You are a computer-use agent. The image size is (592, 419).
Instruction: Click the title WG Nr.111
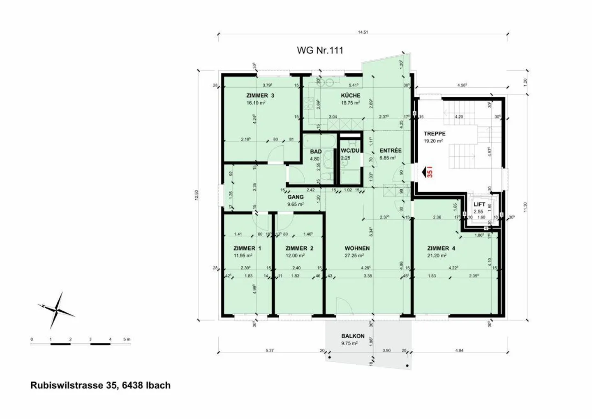[320, 50]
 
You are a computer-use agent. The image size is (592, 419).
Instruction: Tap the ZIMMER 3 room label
[260, 95]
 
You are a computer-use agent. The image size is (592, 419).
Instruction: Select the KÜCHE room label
[350, 95]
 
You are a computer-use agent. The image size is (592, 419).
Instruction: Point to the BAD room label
[315, 151]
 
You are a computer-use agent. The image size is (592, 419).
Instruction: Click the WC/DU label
[350, 150]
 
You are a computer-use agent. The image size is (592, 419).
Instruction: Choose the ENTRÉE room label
[390, 151]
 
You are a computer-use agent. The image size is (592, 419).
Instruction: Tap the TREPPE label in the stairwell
[434, 134]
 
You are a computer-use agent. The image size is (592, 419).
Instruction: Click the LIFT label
[479, 204]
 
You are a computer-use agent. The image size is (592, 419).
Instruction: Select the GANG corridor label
[295, 197]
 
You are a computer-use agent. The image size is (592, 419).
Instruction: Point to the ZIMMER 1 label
[247, 248]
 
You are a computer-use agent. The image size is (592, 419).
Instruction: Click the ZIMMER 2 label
[299, 248]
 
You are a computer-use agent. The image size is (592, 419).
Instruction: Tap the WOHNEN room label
[357, 248]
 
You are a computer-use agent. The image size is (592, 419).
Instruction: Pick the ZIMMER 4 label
[441, 248]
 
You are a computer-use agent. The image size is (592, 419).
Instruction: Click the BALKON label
[352, 336]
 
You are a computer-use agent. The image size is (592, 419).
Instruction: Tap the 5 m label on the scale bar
[127, 340]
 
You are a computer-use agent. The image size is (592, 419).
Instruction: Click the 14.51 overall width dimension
[363, 32]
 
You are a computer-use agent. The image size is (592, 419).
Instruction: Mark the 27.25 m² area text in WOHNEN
[354, 256]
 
